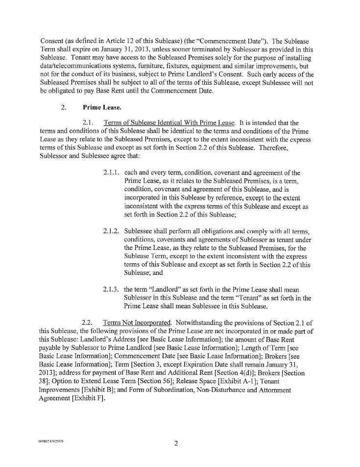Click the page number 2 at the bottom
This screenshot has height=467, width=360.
[175, 444]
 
